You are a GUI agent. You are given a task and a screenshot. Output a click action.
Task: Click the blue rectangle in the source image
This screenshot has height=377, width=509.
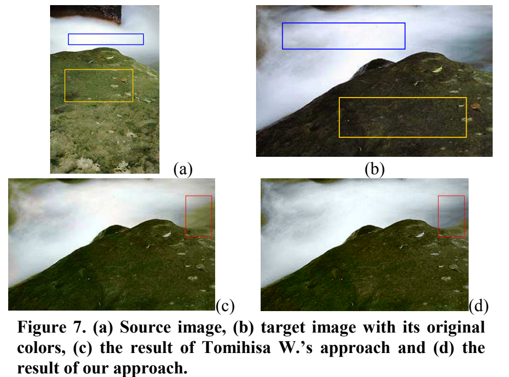tap(106, 39)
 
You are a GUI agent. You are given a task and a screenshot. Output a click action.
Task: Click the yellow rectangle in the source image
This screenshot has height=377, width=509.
tap(99, 85)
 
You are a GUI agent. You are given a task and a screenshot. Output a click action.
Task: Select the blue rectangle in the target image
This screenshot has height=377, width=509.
tap(343, 36)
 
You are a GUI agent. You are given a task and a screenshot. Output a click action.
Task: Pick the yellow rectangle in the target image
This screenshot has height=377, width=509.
tap(403, 117)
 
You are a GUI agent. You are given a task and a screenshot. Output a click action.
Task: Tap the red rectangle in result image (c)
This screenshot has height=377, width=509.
tap(199, 216)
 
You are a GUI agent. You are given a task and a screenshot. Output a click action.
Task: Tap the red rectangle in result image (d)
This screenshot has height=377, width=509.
tap(451, 216)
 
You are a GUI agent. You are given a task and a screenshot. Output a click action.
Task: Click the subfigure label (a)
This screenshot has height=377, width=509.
tap(182, 168)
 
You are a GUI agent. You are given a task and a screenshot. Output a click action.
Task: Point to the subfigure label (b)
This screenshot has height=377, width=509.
tap(374, 168)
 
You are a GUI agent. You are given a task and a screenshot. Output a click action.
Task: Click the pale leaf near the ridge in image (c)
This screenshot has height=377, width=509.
tap(167, 234)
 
